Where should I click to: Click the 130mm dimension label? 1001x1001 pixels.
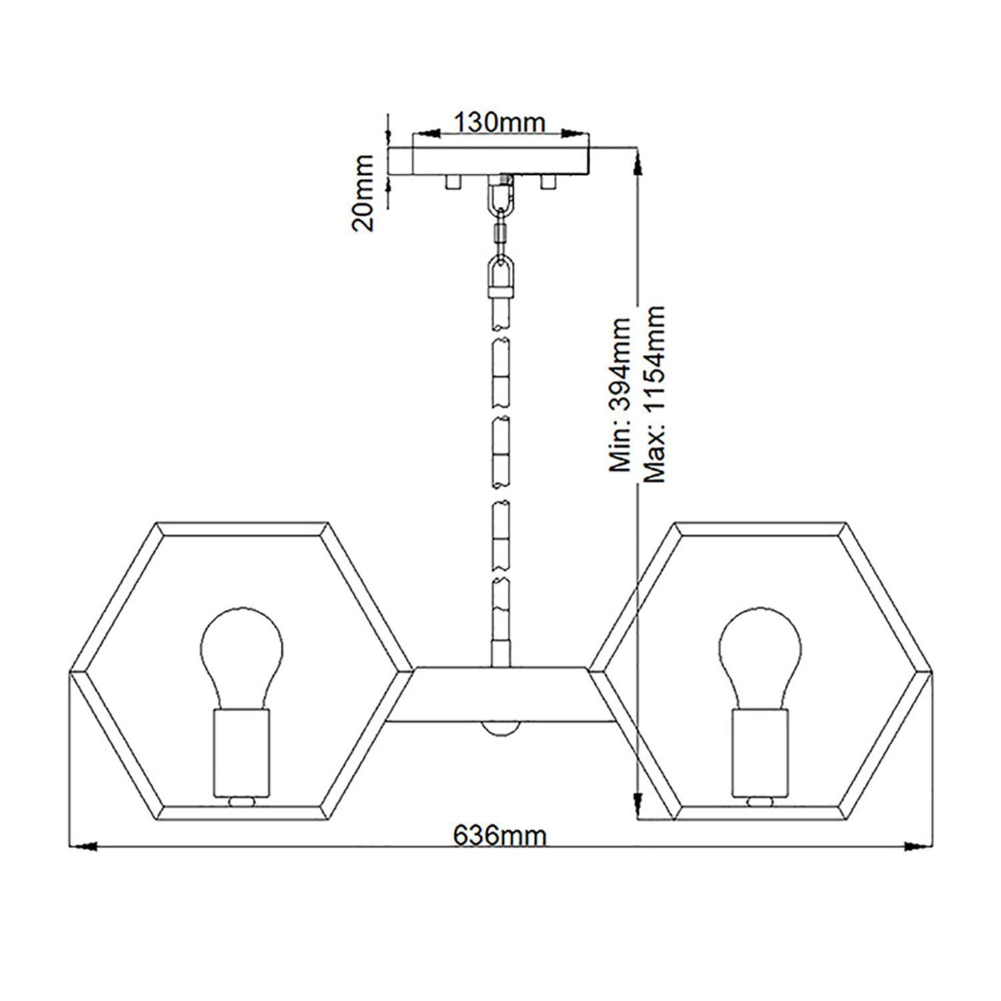click(500, 122)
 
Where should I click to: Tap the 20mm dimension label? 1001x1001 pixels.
click(364, 193)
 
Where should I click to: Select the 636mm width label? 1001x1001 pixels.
click(500, 834)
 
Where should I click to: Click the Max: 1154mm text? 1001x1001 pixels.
click(655, 394)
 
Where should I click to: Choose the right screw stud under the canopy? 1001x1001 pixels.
click(549, 182)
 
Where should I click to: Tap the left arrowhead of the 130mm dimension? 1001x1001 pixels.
click(427, 134)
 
